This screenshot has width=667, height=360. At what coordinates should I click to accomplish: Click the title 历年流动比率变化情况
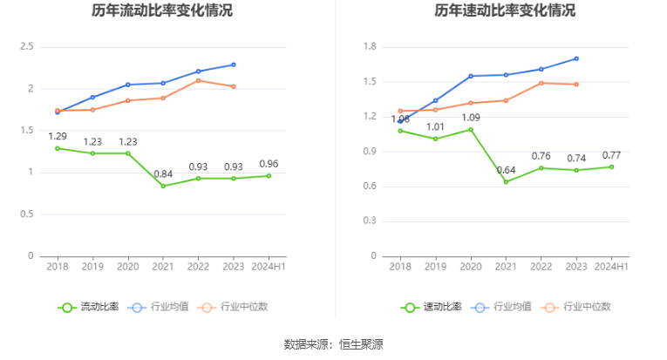[162, 10]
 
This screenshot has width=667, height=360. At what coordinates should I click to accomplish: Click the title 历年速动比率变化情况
[505, 10]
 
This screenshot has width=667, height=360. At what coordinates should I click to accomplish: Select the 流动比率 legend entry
[88, 307]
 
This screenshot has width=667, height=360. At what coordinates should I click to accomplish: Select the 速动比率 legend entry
[432, 307]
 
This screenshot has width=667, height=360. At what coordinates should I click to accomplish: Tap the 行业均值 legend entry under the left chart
[158, 307]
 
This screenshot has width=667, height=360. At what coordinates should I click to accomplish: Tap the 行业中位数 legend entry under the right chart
[575, 307]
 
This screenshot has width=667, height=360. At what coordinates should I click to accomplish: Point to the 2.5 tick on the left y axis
[27, 46]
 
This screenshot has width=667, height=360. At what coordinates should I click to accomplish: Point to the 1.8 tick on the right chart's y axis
[370, 46]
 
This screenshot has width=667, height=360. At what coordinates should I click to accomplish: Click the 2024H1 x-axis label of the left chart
[269, 267]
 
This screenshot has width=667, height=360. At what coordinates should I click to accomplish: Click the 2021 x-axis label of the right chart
[506, 267]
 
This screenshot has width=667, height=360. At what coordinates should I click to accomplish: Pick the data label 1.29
[58, 137]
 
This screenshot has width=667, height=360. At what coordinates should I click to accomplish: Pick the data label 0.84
[163, 173]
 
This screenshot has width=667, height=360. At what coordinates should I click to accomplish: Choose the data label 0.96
[269, 164]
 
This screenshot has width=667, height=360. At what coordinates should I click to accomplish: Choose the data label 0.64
[507, 170]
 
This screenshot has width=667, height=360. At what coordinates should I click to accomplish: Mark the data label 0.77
[612, 155]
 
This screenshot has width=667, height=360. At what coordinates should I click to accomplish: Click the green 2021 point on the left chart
[163, 186]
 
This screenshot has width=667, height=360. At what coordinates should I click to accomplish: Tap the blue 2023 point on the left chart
[234, 65]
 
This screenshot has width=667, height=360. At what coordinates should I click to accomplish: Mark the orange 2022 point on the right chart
[541, 84]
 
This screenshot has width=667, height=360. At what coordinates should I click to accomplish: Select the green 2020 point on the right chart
[471, 130]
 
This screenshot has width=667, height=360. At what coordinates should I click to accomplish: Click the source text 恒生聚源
[361, 344]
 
